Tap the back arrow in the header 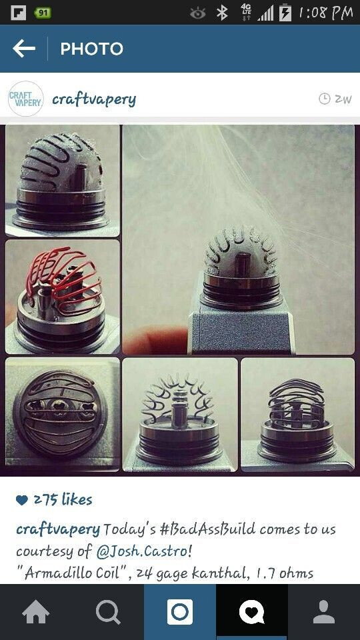pyautogui.click(x=24, y=49)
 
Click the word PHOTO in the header pyautogui.click(x=92, y=49)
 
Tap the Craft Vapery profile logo pyautogui.click(x=25, y=99)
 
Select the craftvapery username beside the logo pyautogui.click(x=94, y=99)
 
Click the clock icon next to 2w pyautogui.click(x=324, y=99)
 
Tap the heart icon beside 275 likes pyautogui.click(x=22, y=500)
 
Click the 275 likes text pyautogui.click(x=63, y=499)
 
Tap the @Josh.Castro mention pyautogui.click(x=144, y=551)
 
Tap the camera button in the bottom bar pyautogui.click(x=180, y=612)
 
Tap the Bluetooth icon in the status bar pyautogui.click(x=222, y=13)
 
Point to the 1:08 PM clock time pyautogui.click(x=325, y=13)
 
